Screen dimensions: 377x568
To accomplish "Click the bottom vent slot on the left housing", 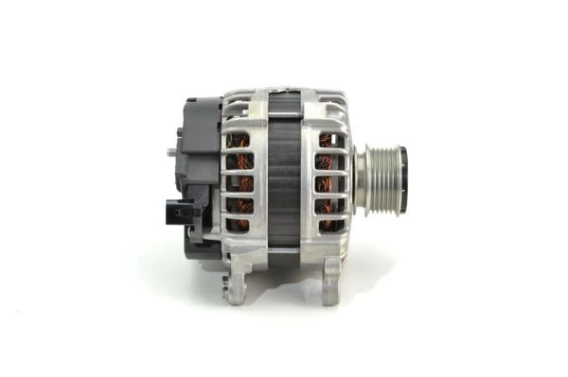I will pyautogui.click(x=239, y=225).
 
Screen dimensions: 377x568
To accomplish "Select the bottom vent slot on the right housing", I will pyautogui.click(x=328, y=225).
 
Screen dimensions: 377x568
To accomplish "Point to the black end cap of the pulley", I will pyautogui.click(x=402, y=180).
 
